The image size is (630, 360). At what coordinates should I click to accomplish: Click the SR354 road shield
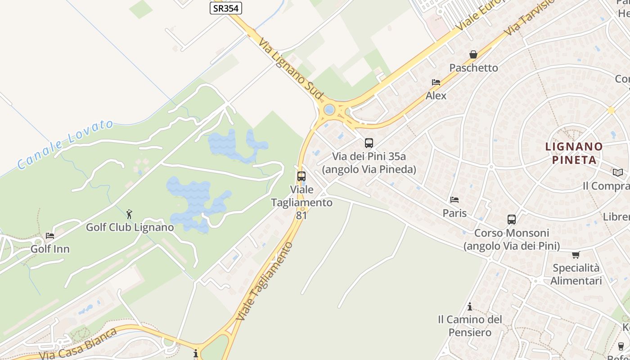pyautogui.click(x=226, y=8)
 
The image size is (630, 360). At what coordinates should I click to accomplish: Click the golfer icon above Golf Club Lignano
pyautogui.click(x=130, y=214)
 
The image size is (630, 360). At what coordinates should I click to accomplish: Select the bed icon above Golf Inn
pyautogui.click(x=49, y=236)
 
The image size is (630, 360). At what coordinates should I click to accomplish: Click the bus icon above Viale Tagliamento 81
pyautogui.click(x=301, y=176)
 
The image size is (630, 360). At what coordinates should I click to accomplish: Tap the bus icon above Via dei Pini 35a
pyautogui.click(x=369, y=143)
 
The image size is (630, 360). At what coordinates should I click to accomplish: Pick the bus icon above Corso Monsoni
pyautogui.click(x=512, y=220)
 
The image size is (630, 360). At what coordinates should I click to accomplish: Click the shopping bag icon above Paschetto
pyautogui.click(x=473, y=54)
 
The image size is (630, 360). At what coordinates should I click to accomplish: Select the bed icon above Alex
pyautogui.click(x=436, y=82)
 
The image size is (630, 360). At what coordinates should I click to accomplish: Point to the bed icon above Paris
pyautogui.click(x=454, y=200)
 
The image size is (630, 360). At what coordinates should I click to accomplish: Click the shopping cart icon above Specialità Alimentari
pyautogui.click(x=576, y=255)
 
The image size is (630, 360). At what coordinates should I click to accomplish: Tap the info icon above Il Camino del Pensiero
pyautogui.click(x=470, y=306)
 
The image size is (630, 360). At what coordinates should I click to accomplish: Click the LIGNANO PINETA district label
pyautogui.click(x=574, y=153)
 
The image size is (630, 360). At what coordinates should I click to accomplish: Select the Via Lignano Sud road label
pyautogui.click(x=291, y=68)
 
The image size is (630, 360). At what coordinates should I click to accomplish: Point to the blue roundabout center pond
pyautogui.click(x=329, y=109)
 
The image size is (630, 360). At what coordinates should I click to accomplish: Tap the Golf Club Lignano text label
pyautogui.click(x=130, y=227)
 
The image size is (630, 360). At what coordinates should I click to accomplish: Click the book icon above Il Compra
pyautogui.click(x=618, y=172)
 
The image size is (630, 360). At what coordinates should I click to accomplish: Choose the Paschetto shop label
pyautogui.click(x=474, y=68)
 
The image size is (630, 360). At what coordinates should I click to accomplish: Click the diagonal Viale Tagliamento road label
pyautogui.click(x=265, y=281)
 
